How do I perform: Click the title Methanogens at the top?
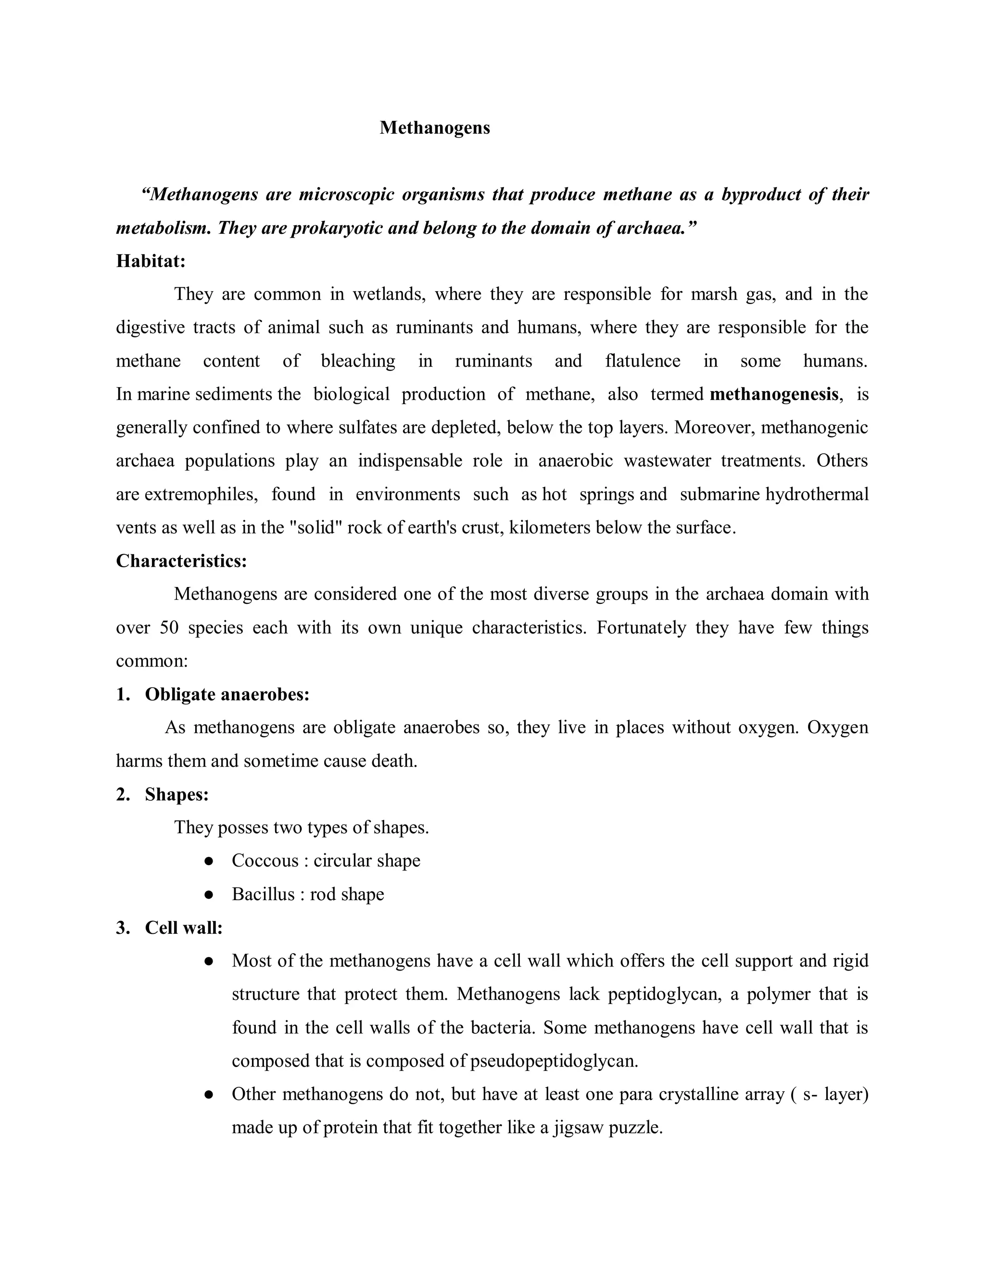[x=435, y=128]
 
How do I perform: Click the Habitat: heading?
[x=151, y=261]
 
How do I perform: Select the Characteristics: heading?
[x=181, y=561]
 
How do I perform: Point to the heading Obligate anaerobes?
[x=227, y=694]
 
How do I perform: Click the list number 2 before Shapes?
[x=122, y=794]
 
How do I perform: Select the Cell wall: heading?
[x=184, y=928]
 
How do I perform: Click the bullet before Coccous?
[x=208, y=861]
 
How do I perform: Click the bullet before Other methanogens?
[x=208, y=1095]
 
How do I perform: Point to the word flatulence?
[x=643, y=361]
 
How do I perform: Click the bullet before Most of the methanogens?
[x=208, y=961]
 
